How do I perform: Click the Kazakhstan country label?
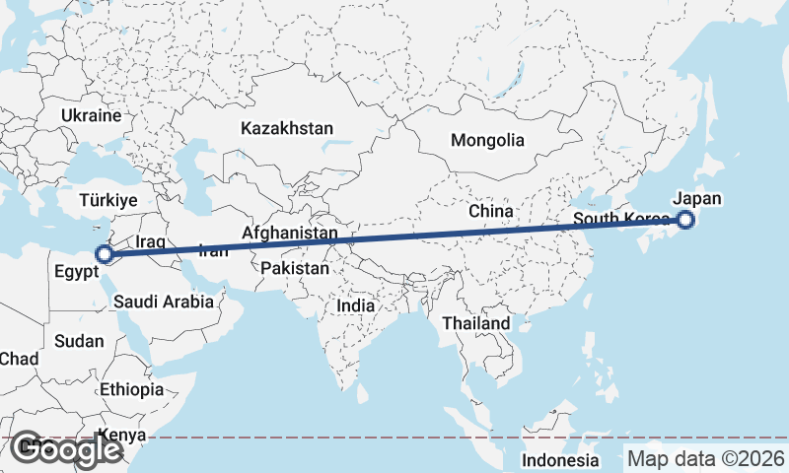pos(287,128)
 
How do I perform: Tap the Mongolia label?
pos(487,140)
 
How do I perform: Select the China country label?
pos(491,211)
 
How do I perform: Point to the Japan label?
pos(697,198)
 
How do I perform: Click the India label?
pos(356,305)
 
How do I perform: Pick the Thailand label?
pos(476,323)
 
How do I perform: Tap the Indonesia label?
pos(560,460)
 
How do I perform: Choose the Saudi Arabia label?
pos(163,302)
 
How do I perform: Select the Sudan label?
pos(79,341)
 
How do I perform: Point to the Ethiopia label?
pos(131,389)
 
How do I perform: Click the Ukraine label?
pos(90,115)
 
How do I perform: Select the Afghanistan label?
pos(290,234)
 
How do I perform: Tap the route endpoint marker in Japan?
pos(686,221)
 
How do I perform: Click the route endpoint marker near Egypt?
pos(105,254)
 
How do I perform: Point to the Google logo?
pos(66,449)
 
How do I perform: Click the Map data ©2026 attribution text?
pos(706,459)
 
